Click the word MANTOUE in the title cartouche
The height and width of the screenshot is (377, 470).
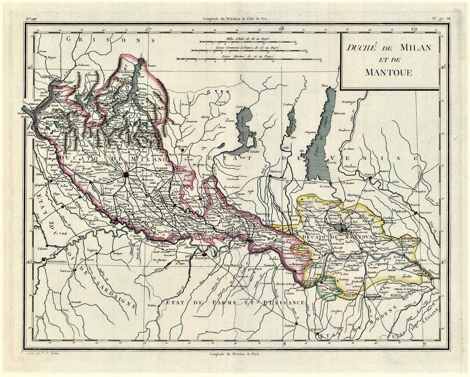click(x=389, y=72)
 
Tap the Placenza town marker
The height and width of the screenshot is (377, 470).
click(x=204, y=254)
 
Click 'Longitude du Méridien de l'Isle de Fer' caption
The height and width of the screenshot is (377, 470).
click(x=235, y=19)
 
